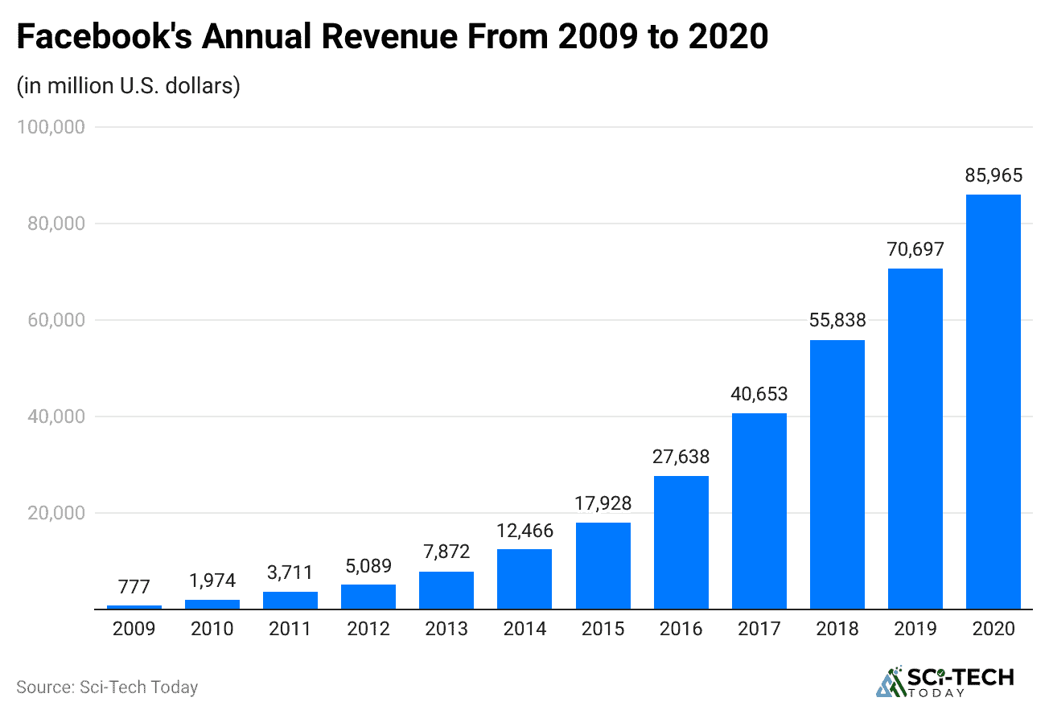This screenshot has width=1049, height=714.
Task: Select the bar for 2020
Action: click(993, 402)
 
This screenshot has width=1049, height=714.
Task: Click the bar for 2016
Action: click(681, 543)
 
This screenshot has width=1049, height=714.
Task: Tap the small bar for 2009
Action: click(134, 607)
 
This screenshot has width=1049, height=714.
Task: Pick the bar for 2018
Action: click(837, 474)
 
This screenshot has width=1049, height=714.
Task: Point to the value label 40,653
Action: click(759, 394)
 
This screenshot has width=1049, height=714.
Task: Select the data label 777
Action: click(134, 586)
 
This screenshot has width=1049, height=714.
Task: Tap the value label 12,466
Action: click(524, 530)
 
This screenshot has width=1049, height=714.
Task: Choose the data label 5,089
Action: click(368, 565)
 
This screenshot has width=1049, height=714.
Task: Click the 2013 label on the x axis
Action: click(446, 629)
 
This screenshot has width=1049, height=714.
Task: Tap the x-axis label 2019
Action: click(915, 629)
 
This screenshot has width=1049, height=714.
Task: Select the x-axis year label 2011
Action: click(290, 629)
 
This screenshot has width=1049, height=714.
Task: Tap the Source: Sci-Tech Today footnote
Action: click(107, 687)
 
